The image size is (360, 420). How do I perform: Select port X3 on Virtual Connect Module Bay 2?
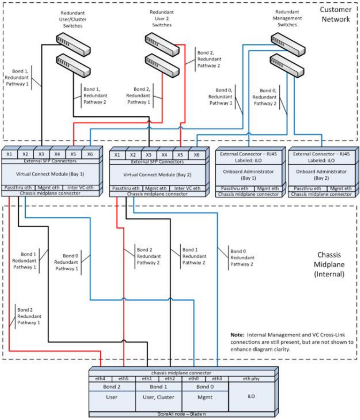149,155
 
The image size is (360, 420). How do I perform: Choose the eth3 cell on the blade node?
217,379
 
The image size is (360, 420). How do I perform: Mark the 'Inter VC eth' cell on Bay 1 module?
90,188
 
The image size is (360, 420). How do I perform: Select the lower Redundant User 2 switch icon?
161,65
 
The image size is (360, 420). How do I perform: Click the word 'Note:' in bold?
238,335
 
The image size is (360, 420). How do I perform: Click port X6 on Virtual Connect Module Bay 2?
196,155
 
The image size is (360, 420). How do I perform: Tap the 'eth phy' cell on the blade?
251,379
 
